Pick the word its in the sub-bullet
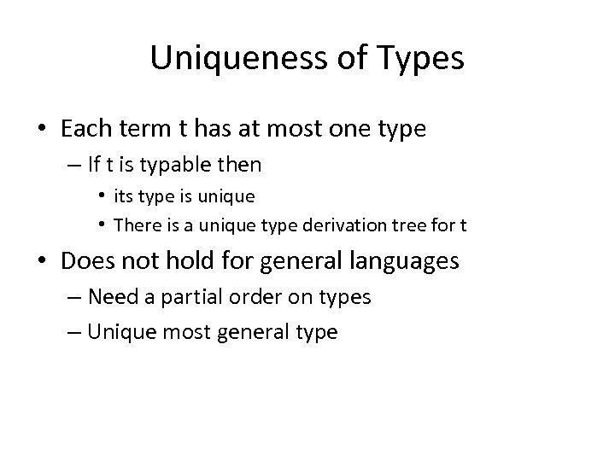point(124,195)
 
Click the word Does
point(88,260)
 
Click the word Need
point(111,296)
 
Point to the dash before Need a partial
point(72,297)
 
